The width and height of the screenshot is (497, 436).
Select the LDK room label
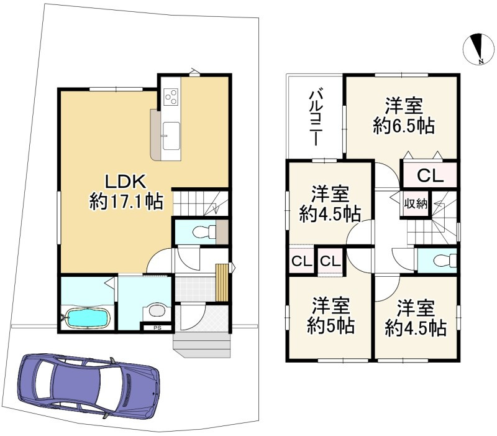pos(125,182)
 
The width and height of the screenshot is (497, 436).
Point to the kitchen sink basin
pos(171,136)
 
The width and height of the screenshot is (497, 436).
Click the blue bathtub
pos(88,318)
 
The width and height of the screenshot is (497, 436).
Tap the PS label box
pos(157,328)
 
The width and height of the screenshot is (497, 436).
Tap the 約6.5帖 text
pos(403,126)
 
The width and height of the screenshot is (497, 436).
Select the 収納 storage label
pos(416,205)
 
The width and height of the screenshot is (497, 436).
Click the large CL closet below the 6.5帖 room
pos(430,175)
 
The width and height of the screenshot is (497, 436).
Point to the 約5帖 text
pos(331,325)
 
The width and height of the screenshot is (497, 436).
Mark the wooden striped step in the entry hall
pos(222,282)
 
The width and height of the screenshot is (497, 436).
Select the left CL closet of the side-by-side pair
pos(301,261)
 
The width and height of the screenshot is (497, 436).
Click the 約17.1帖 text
pos(127,202)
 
